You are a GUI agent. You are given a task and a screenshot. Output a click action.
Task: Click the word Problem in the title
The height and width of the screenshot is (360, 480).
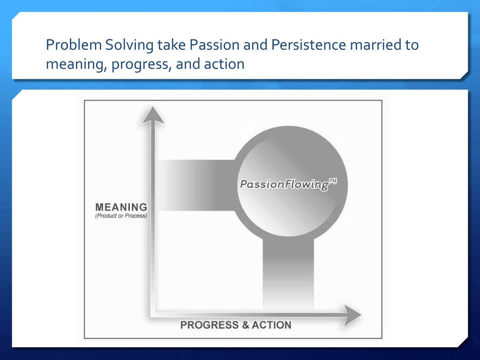[x=74, y=45]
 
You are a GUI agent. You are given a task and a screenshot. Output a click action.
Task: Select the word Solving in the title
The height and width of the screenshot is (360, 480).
[x=129, y=45]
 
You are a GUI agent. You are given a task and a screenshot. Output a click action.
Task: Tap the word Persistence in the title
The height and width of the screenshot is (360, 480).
[x=308, y=45]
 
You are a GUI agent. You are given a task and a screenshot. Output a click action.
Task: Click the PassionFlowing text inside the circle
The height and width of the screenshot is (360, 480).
[x=285, y=185]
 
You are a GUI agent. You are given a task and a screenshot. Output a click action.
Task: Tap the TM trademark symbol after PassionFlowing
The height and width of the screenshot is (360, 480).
[x=333, y=181]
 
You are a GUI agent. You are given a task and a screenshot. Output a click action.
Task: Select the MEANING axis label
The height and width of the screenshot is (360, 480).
[x=121, y=207]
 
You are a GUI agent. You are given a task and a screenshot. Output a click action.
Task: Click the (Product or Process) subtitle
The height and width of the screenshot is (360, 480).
[x=121, y=216]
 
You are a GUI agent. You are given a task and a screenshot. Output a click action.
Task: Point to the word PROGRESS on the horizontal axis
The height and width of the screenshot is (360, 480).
[x=210, y=325]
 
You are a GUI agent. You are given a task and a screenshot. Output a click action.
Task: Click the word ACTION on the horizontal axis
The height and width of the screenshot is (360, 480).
[x=271, y=325]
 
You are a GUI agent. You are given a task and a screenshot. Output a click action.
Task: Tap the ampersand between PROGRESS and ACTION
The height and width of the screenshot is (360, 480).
[x=245, y=325]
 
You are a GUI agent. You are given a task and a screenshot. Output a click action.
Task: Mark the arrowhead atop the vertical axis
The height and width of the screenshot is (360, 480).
[x=153, y=115]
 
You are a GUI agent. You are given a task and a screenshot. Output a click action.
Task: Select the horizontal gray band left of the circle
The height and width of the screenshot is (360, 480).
[x=196, y=185]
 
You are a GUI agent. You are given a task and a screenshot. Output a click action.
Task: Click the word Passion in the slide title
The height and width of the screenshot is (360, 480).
[x=214, y=45]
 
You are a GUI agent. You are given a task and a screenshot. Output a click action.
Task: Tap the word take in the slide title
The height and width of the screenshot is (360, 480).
[x=172, y=45]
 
